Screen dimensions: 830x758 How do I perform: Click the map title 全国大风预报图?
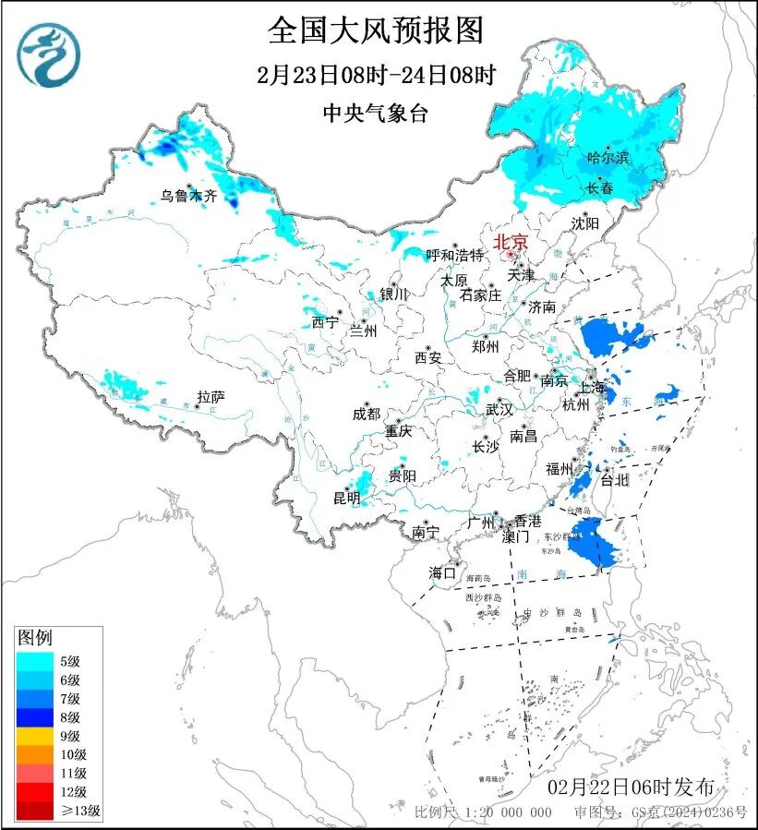[x=376, y=30]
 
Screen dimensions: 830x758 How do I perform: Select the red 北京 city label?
[x=511, y=242]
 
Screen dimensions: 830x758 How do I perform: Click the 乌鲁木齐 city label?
[x=187, y=195]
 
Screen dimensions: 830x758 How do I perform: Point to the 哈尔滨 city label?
[x=608, y=158]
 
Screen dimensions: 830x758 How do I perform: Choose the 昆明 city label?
[x=347, y=499]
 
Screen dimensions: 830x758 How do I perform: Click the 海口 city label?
[x=443, y=572]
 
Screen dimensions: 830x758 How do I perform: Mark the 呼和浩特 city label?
[x=454, y=255]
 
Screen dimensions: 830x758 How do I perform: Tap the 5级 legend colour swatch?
[x=37, y=661]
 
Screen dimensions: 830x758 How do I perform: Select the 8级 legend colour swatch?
[x=37, y=716]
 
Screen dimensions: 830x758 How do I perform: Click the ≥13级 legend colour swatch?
[x=37, y=811]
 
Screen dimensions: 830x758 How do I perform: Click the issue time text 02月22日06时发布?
[x=631, y=788]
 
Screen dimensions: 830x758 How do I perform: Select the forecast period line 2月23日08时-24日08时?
[x=376, y=75]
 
